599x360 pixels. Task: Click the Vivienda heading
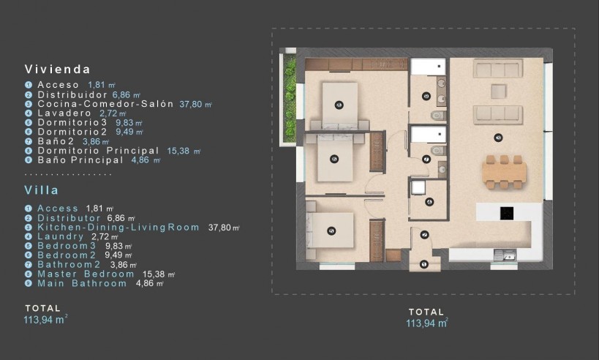[x=57, y=70]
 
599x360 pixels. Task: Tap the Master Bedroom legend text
[x=86, y=274]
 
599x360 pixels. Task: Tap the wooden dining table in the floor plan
[x=504, y=172]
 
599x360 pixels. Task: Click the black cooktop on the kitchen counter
[x=506, y=213]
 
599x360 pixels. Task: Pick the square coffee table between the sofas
[x=498, y=91]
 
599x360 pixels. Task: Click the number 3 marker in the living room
[x=498, y=137]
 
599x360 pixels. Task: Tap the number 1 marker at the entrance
[x=425, y=264]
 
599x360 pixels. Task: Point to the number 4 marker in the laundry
[x=429, y=202]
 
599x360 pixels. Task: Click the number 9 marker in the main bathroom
[x=426, y=97]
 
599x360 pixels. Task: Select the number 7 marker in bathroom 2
[x=426, y=159]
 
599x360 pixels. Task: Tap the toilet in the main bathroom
[x=437, y=116]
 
